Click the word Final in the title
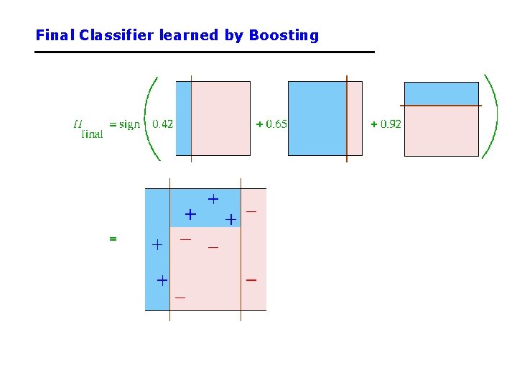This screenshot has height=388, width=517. (55, 34)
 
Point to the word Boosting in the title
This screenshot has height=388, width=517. (284, 35)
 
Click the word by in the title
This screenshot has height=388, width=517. (234, 35)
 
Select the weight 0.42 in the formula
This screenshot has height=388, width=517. (162, 124)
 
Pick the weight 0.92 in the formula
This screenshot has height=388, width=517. (386, 124)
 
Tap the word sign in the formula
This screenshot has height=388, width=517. (129, 124)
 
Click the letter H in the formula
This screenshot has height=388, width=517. (78, 123)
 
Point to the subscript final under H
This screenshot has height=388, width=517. (92, 132)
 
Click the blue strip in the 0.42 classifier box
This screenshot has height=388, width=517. (184, 118)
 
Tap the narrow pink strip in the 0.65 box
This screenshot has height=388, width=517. (355, 118)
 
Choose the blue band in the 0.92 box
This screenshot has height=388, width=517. (441, 93)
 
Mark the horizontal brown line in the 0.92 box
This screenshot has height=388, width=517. (441, 106)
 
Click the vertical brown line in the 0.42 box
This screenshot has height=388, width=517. (192, 118)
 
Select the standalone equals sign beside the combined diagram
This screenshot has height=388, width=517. (113, 238)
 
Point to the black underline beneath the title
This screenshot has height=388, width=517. (205, 52)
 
